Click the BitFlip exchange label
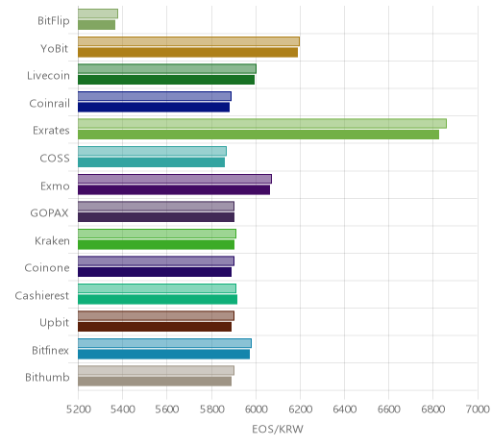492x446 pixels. (x=54, y=21)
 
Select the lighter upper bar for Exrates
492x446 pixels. (x=262, y=124)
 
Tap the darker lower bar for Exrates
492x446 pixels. (x=258, y=135)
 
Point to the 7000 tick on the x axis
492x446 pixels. (x=478, y=409)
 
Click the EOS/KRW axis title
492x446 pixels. (x=278, y=429)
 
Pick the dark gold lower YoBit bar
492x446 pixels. (x=187, y=52)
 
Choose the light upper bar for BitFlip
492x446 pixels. (x=98, y=13)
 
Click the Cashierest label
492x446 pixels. (x=42, y=295)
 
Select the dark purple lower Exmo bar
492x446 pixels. (x=174, y=189)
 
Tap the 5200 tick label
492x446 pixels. (x=78, y=409)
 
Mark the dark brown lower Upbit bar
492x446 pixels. (x=155, y=327)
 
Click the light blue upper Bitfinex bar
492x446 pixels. (x=164, y=343)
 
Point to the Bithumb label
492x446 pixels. (x=47, y=377)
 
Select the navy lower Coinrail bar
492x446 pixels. (x=154, y=107)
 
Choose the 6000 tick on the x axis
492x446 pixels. (x=256, y=409)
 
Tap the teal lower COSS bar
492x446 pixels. (x=151, y=162)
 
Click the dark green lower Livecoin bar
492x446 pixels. (x=166, y=80)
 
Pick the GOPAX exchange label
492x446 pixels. (x=49, y=213)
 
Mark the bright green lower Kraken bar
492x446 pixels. (x=156, y=244)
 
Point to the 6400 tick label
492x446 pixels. (x=345, y=409)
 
